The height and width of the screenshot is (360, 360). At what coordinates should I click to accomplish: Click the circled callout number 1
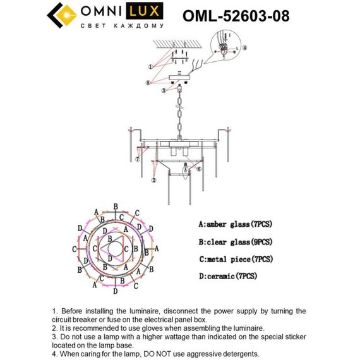(x=150, y=66)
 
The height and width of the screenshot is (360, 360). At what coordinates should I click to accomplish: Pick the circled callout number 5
(x=148, y=82)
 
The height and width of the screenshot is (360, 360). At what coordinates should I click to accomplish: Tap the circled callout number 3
(x=163, y=91)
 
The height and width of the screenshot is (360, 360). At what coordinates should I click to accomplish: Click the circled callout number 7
(x=137, y=159)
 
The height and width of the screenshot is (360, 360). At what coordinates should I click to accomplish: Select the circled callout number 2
(x=153, y=180)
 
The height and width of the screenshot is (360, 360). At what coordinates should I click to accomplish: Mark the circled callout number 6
(x=198, y=169)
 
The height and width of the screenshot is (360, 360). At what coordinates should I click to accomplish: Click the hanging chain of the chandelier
(x=179, y=114)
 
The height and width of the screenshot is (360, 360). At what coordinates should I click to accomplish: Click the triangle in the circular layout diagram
(x=116, y=250)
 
